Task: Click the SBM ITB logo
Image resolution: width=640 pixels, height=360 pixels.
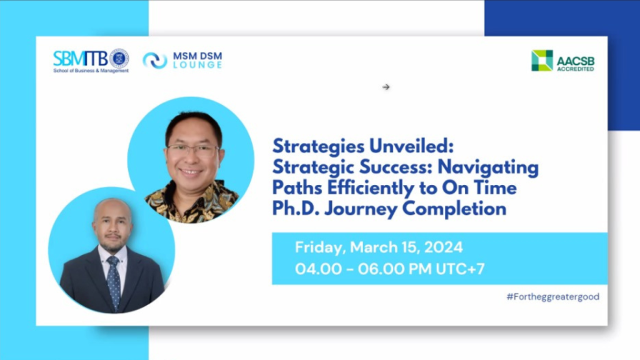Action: [91, 61]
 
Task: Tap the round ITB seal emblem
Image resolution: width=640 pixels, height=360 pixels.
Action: [119, 58]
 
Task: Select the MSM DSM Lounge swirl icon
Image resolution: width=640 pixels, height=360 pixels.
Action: [155, 61]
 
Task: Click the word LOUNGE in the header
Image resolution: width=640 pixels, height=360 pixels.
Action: [197, 65]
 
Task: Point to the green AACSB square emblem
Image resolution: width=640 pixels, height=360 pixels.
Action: [542, 61]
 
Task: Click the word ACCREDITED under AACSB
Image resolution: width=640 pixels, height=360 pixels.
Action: [576, 69]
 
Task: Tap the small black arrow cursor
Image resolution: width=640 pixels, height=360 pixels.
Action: [386, 87]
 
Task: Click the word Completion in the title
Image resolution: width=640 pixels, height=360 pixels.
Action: [454, 209]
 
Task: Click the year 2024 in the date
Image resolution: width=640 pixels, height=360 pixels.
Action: [443, 247]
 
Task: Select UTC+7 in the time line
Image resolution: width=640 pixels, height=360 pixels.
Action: [460, 269]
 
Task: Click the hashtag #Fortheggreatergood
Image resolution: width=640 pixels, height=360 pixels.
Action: [553, 297]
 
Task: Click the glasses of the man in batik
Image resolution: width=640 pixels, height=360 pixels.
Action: [192, 151]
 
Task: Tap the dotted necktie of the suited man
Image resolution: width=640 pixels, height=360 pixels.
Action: [114, 282]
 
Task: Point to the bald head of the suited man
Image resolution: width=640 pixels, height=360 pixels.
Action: [112, 210]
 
